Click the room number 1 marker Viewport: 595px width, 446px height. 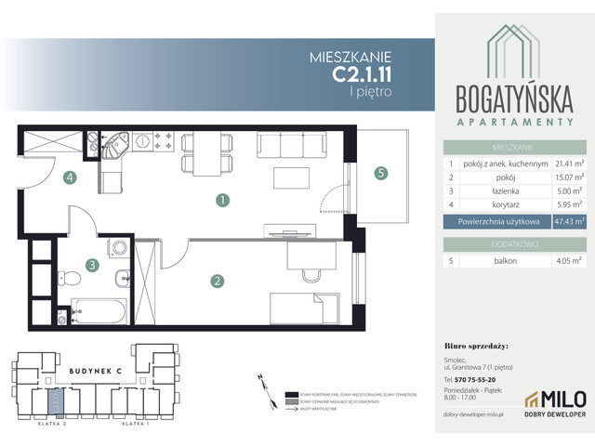coord(222,199)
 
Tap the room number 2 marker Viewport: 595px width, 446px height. coord(217,280)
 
